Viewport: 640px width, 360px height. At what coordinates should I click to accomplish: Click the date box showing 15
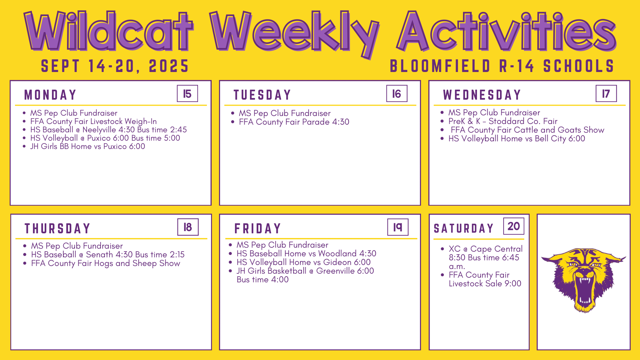point(187,94)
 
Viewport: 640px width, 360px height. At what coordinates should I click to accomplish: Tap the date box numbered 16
point(397,94)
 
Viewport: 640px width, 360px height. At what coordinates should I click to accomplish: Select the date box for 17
point(606,94)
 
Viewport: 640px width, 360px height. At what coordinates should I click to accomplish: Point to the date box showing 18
point(188,227)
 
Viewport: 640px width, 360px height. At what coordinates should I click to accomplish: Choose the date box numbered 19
point(398,227)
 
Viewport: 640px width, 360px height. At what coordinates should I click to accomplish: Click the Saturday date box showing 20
point(514,226)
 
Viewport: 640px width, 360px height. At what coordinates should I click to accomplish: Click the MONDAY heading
point(50,95)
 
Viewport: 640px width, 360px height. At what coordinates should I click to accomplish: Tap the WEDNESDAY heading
point(482,95)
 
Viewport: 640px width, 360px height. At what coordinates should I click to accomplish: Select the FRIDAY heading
point(258,229)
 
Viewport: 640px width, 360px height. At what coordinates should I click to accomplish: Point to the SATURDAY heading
point(463,228)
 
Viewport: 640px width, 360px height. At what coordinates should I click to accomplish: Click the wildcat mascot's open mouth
point(585,290)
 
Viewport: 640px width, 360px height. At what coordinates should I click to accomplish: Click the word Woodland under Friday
point(337,254)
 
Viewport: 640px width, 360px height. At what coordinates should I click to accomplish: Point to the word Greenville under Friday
point(335,271)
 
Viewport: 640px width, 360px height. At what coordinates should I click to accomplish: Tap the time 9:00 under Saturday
point(513,284)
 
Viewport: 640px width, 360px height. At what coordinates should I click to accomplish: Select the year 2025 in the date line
point(169,66)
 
